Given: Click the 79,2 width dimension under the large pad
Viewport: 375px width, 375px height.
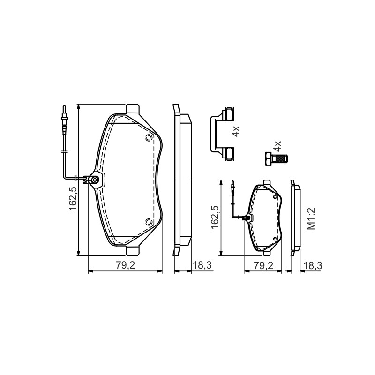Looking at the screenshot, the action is (126, 265).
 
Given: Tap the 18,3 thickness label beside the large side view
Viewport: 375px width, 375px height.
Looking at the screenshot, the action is (202, 265).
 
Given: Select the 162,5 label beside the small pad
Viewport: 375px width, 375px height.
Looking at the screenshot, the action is (215, 217).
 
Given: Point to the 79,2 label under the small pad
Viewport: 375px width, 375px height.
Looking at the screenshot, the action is (263, 265).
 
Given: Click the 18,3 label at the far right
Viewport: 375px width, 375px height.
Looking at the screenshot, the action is (313, 265).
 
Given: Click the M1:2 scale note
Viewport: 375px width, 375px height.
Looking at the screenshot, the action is (311, 219).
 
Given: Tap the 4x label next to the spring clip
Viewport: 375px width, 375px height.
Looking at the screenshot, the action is (236, 132).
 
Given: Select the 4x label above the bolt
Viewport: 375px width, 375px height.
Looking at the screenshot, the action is (277, 146).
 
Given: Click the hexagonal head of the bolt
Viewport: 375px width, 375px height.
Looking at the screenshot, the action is (269, 158).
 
